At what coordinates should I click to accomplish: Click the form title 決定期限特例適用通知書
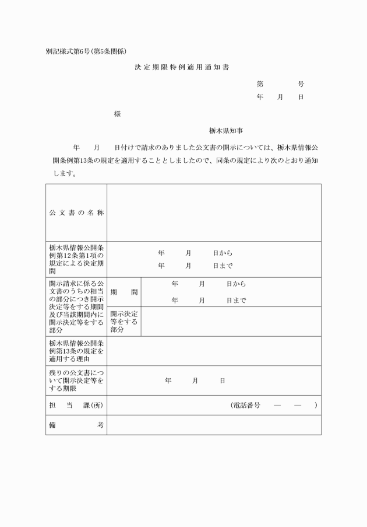point(182,68)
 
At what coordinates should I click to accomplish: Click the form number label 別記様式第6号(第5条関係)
point(86,51)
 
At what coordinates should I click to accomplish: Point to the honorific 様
point(117,114)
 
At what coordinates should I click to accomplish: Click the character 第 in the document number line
point(260,84)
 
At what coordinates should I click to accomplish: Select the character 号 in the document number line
point(301,84)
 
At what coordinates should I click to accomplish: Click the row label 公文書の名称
point(76,212)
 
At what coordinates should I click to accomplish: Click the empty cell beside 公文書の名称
point(213,212)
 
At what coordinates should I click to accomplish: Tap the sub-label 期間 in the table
point(123,292)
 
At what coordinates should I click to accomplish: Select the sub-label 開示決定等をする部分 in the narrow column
point(123,322)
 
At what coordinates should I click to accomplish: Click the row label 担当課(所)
point(76,405)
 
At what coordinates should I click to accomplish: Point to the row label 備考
point(76,425)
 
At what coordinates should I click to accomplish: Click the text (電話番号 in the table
point(245,405)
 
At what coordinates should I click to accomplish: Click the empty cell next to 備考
point(213,425)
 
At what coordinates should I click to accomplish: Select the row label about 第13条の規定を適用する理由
point(76,351)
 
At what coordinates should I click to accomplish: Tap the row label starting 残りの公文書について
point(76,381)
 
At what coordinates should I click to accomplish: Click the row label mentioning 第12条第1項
point(76,259)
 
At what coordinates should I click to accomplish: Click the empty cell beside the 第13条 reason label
point(213,351)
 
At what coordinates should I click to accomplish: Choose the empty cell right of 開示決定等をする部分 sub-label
point(231,322)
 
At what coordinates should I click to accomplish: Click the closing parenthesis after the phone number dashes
point(315,405)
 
